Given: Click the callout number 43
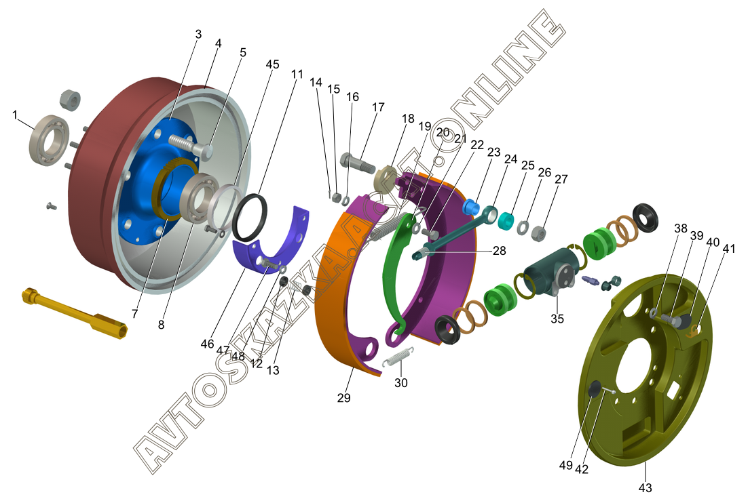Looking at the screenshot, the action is coord(644,488).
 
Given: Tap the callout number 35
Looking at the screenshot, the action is coord(557,319).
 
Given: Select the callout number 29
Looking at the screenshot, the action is coord(343,398).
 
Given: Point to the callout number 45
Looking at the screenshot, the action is coord(272,64).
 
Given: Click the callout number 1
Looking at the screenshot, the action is coord(15,115).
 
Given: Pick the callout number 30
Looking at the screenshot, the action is coord(400,382).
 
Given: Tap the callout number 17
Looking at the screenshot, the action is coord(378,107).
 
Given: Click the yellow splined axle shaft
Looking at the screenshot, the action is coord(75,313).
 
